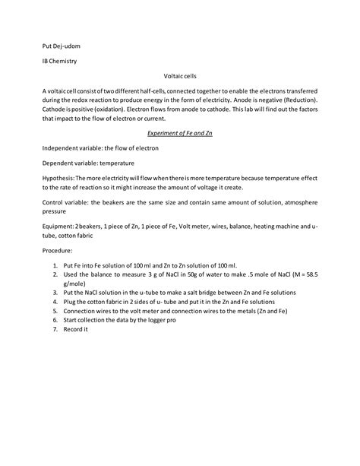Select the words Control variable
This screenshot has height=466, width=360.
click(64, 204)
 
